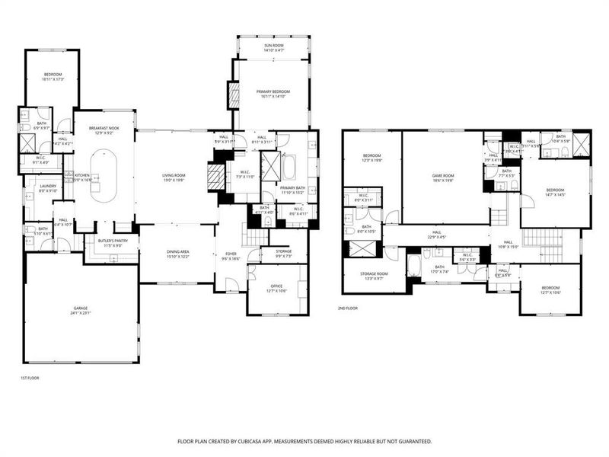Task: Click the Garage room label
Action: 80,311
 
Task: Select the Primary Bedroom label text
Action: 274,94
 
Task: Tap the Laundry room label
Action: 37,187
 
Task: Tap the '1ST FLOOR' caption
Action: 29,378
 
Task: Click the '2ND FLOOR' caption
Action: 347,308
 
